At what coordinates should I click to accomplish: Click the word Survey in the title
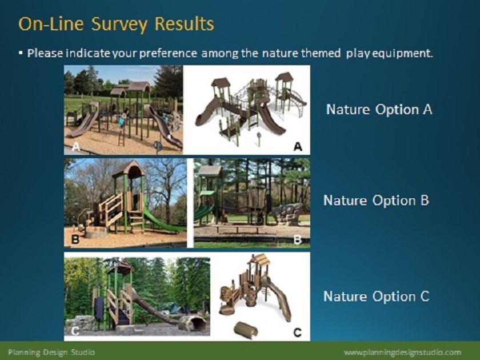pyautogui.click(x=119, y=25)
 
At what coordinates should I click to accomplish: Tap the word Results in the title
pyautogui.click(x=184, y=23)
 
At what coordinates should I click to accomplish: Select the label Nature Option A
pyautogui.click(x=379, y=109)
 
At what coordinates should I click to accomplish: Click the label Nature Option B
pyautogui.click(x=376, y=201)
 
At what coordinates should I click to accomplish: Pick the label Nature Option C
pyautogui.click(x=377, y=297)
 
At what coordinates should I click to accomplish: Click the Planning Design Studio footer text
pyautogui.click(x=51, y=352)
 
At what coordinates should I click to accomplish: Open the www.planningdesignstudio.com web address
pyautogui.click(x=402, y=353)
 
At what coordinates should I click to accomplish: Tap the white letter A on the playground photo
pyautogui.click(x=76, y=147)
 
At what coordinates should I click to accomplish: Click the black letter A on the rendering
pyautogui.click(x=298, y=147)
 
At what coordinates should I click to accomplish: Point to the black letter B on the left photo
pyautogui.click(x=75, y=239)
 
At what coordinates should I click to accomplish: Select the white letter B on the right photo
pyautogui.click(x=298, y=239)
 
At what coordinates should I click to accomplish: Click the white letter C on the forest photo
pyautogui.click(x=75, y=331)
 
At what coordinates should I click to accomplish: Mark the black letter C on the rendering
pyautogui.click(x=297, y=332)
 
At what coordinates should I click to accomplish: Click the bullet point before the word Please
pyautogui.click(x=21, y=53)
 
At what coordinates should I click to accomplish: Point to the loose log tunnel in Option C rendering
pyautogui.click(x=246, y=330)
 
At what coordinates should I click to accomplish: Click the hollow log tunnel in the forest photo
pyautogui.click(x=193, y=323)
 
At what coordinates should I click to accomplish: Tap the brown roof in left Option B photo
pyautogui.click(x=129, y=169)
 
